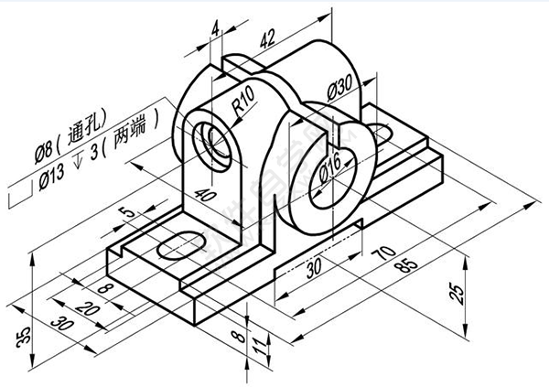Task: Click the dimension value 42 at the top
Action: click(267, 38)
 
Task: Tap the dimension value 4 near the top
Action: click(215, 30)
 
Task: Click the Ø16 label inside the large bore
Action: click(331, 171)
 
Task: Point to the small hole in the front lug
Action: click(219, 144)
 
